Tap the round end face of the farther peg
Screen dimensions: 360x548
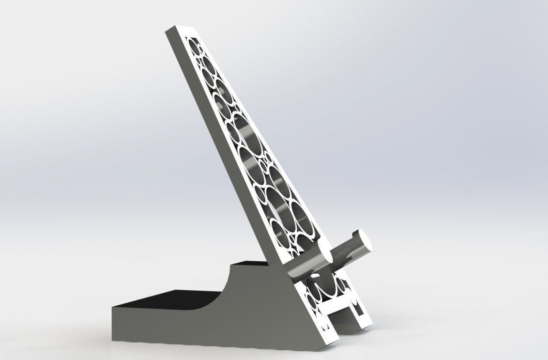pyautogui.click(x=360, y=240)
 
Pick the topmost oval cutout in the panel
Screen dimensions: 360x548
pyautogui.click(x=196, y=46)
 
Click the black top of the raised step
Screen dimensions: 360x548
pyautogui.click(x=252, y=265)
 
